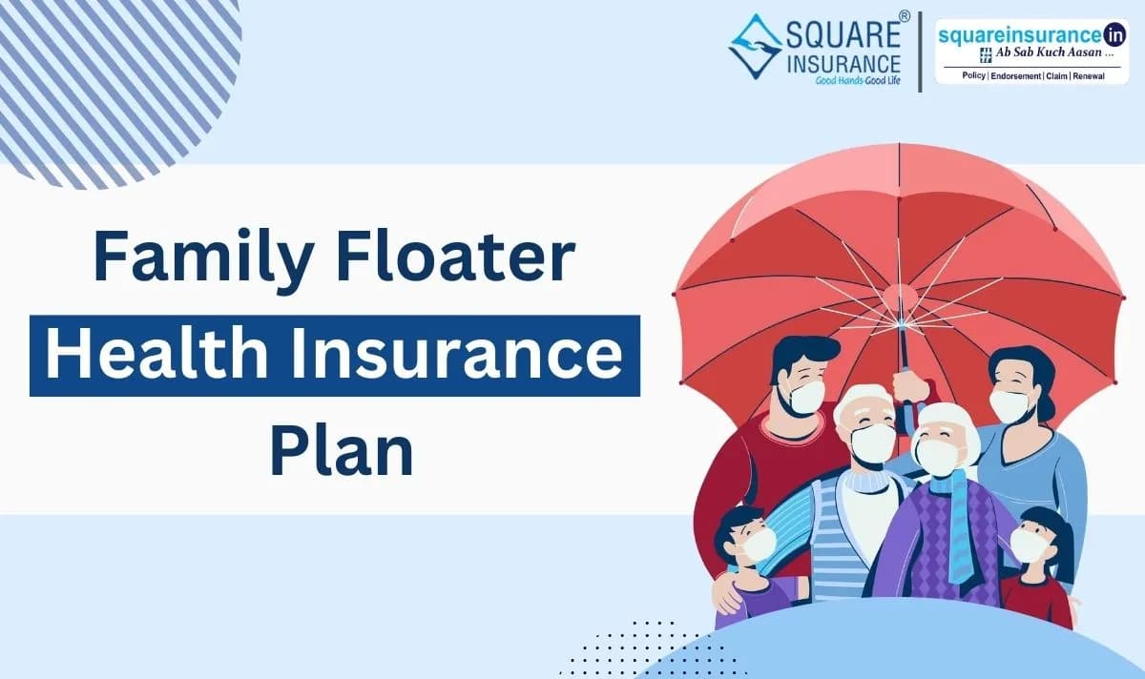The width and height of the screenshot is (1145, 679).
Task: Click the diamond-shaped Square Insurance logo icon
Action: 755,45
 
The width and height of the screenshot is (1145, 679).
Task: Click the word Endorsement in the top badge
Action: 1001,75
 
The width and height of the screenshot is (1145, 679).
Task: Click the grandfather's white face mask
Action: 873,442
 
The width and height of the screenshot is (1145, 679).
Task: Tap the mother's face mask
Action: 1010,405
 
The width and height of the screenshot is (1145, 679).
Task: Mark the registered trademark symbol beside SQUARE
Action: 905,16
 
